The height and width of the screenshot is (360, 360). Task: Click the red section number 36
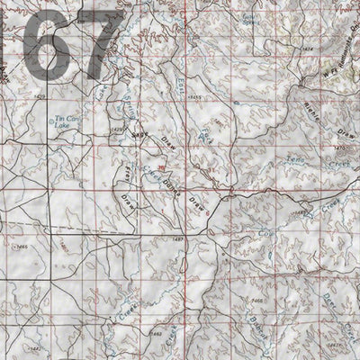pyautogui.click(x=161, y=167)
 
